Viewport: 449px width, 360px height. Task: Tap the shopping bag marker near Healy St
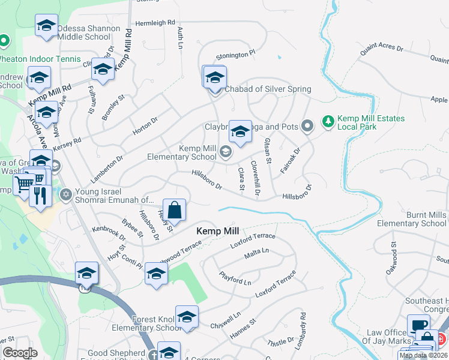pos(174,211)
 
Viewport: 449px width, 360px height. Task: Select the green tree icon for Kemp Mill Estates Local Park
pos(328,122)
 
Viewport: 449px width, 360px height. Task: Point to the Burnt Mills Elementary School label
pos(411,219)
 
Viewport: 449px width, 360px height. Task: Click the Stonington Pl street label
pos(236,55)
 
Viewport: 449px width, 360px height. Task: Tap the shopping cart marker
pos(25,184)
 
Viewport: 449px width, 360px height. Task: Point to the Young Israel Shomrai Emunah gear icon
pos(66,194)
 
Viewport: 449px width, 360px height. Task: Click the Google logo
pos(20,353)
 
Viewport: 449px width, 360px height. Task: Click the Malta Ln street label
pos(256,254)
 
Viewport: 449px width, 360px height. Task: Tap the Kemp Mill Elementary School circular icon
pos(226,152)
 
